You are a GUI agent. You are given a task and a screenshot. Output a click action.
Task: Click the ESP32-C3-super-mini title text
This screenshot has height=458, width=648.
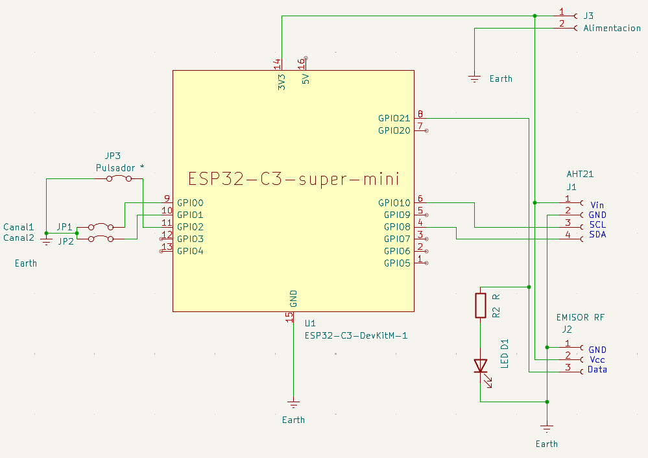(x=293, y=178)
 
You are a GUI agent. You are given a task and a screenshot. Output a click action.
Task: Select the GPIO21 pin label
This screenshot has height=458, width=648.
(x=394, y=119)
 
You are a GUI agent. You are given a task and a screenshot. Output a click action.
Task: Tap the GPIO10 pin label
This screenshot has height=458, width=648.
(x=394, y=203)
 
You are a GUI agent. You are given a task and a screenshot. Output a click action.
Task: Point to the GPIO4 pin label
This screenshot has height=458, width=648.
(x=190, y=251)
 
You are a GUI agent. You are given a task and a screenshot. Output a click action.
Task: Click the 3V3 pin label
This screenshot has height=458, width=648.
(x=282, y=82)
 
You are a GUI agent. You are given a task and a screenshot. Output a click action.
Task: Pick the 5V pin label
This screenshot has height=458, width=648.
(x=306, y=78)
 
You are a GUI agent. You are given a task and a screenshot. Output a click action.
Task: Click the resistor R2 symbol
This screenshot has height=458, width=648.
(x=480, y=305)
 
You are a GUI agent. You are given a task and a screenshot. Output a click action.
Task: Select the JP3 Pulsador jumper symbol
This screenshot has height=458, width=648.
(x=120, y=178)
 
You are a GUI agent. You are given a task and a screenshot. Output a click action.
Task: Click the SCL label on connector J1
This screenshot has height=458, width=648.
(x=597, y=224)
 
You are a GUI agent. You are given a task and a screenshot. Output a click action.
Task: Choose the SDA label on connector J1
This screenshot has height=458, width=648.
(x=597, y=234)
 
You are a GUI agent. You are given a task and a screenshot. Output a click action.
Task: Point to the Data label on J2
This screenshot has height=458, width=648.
(x=597, y=370)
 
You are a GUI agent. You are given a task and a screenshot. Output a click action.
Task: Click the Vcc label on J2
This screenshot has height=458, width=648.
(x=596, y=359)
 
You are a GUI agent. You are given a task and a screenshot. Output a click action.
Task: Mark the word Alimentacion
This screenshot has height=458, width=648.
(x=612, y=29)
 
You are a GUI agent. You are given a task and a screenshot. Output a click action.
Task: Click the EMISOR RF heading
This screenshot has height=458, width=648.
(x=581, y=317)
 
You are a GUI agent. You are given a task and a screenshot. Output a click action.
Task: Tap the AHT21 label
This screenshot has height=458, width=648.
(x=580, y=175)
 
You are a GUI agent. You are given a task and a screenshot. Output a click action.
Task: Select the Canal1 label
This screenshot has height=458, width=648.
(x=18, y=227)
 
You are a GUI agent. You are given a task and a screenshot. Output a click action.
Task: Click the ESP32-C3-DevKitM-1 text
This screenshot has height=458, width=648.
(x=355, y=335)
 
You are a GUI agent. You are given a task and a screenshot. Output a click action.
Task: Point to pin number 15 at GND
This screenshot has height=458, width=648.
(x=289, y=317)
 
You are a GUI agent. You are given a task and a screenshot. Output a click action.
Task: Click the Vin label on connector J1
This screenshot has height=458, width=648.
(x=597, y=204)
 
